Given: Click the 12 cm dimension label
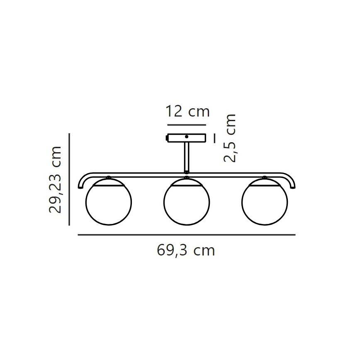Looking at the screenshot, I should pos(187,112).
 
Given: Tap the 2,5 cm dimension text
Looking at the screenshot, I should pos(229,138).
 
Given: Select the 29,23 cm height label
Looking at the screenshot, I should pos(55,179).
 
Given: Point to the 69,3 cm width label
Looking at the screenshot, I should pos(186,250).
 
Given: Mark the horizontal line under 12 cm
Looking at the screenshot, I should pos(187,124).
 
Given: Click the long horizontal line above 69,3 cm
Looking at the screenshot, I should pos(187,235).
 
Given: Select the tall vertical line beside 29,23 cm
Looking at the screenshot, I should pos(69,179).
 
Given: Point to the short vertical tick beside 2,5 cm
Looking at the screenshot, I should pos(214,138).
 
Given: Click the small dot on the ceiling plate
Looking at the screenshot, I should pos(187,136).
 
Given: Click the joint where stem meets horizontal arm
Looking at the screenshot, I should pos(187,172).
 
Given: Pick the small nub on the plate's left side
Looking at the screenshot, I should pos(167,137).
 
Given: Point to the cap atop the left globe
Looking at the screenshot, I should pos(108,178).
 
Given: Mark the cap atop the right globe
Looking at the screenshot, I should pos(265,178).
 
